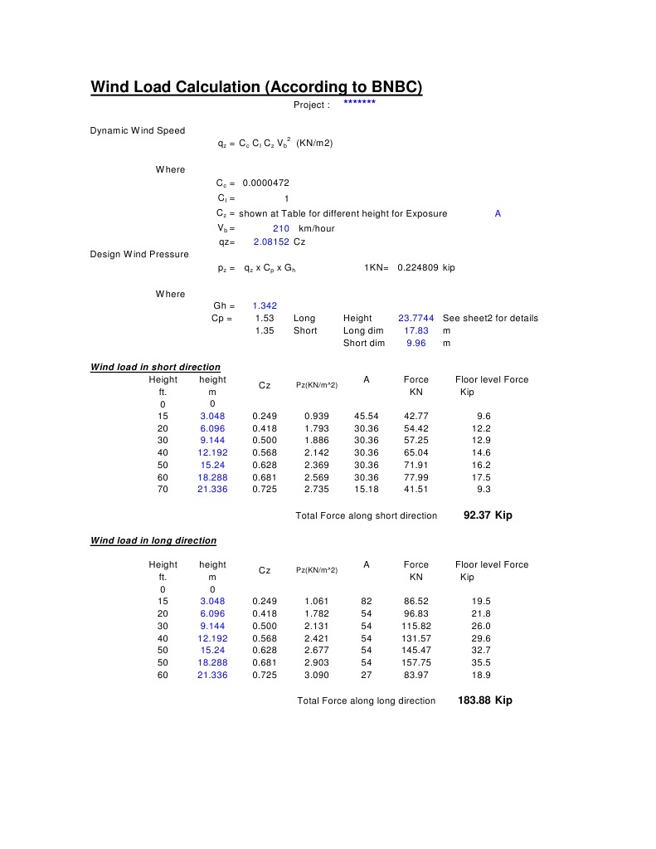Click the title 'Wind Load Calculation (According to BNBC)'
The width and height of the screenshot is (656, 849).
[x=256, y=87]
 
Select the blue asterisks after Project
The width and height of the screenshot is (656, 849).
[x=359, y=104]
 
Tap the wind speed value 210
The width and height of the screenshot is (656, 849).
[x=280, y=228]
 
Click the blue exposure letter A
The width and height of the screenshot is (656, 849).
[x=498, y=213]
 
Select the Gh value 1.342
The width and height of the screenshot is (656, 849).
[x=265, y=306]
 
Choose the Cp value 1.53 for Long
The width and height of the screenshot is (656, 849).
[x=265, y=319]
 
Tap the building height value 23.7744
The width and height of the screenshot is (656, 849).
[x=415, y=319]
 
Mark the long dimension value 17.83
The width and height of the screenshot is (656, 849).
[x=415, y=330]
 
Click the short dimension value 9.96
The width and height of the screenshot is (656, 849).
[x=415, y=343]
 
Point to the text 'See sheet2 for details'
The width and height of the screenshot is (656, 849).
[x=490, y=319]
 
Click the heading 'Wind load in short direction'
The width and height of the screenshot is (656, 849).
[x=155, y=367]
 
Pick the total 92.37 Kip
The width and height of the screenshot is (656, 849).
[x=487, y=515]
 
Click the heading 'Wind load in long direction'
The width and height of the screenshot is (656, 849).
[x=153, y=540]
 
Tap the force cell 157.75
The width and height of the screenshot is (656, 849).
[x=416, y=663]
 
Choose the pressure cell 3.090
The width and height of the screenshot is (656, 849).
[x=316, y=676]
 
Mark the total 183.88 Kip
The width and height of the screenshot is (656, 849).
[x=484, y=700]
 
